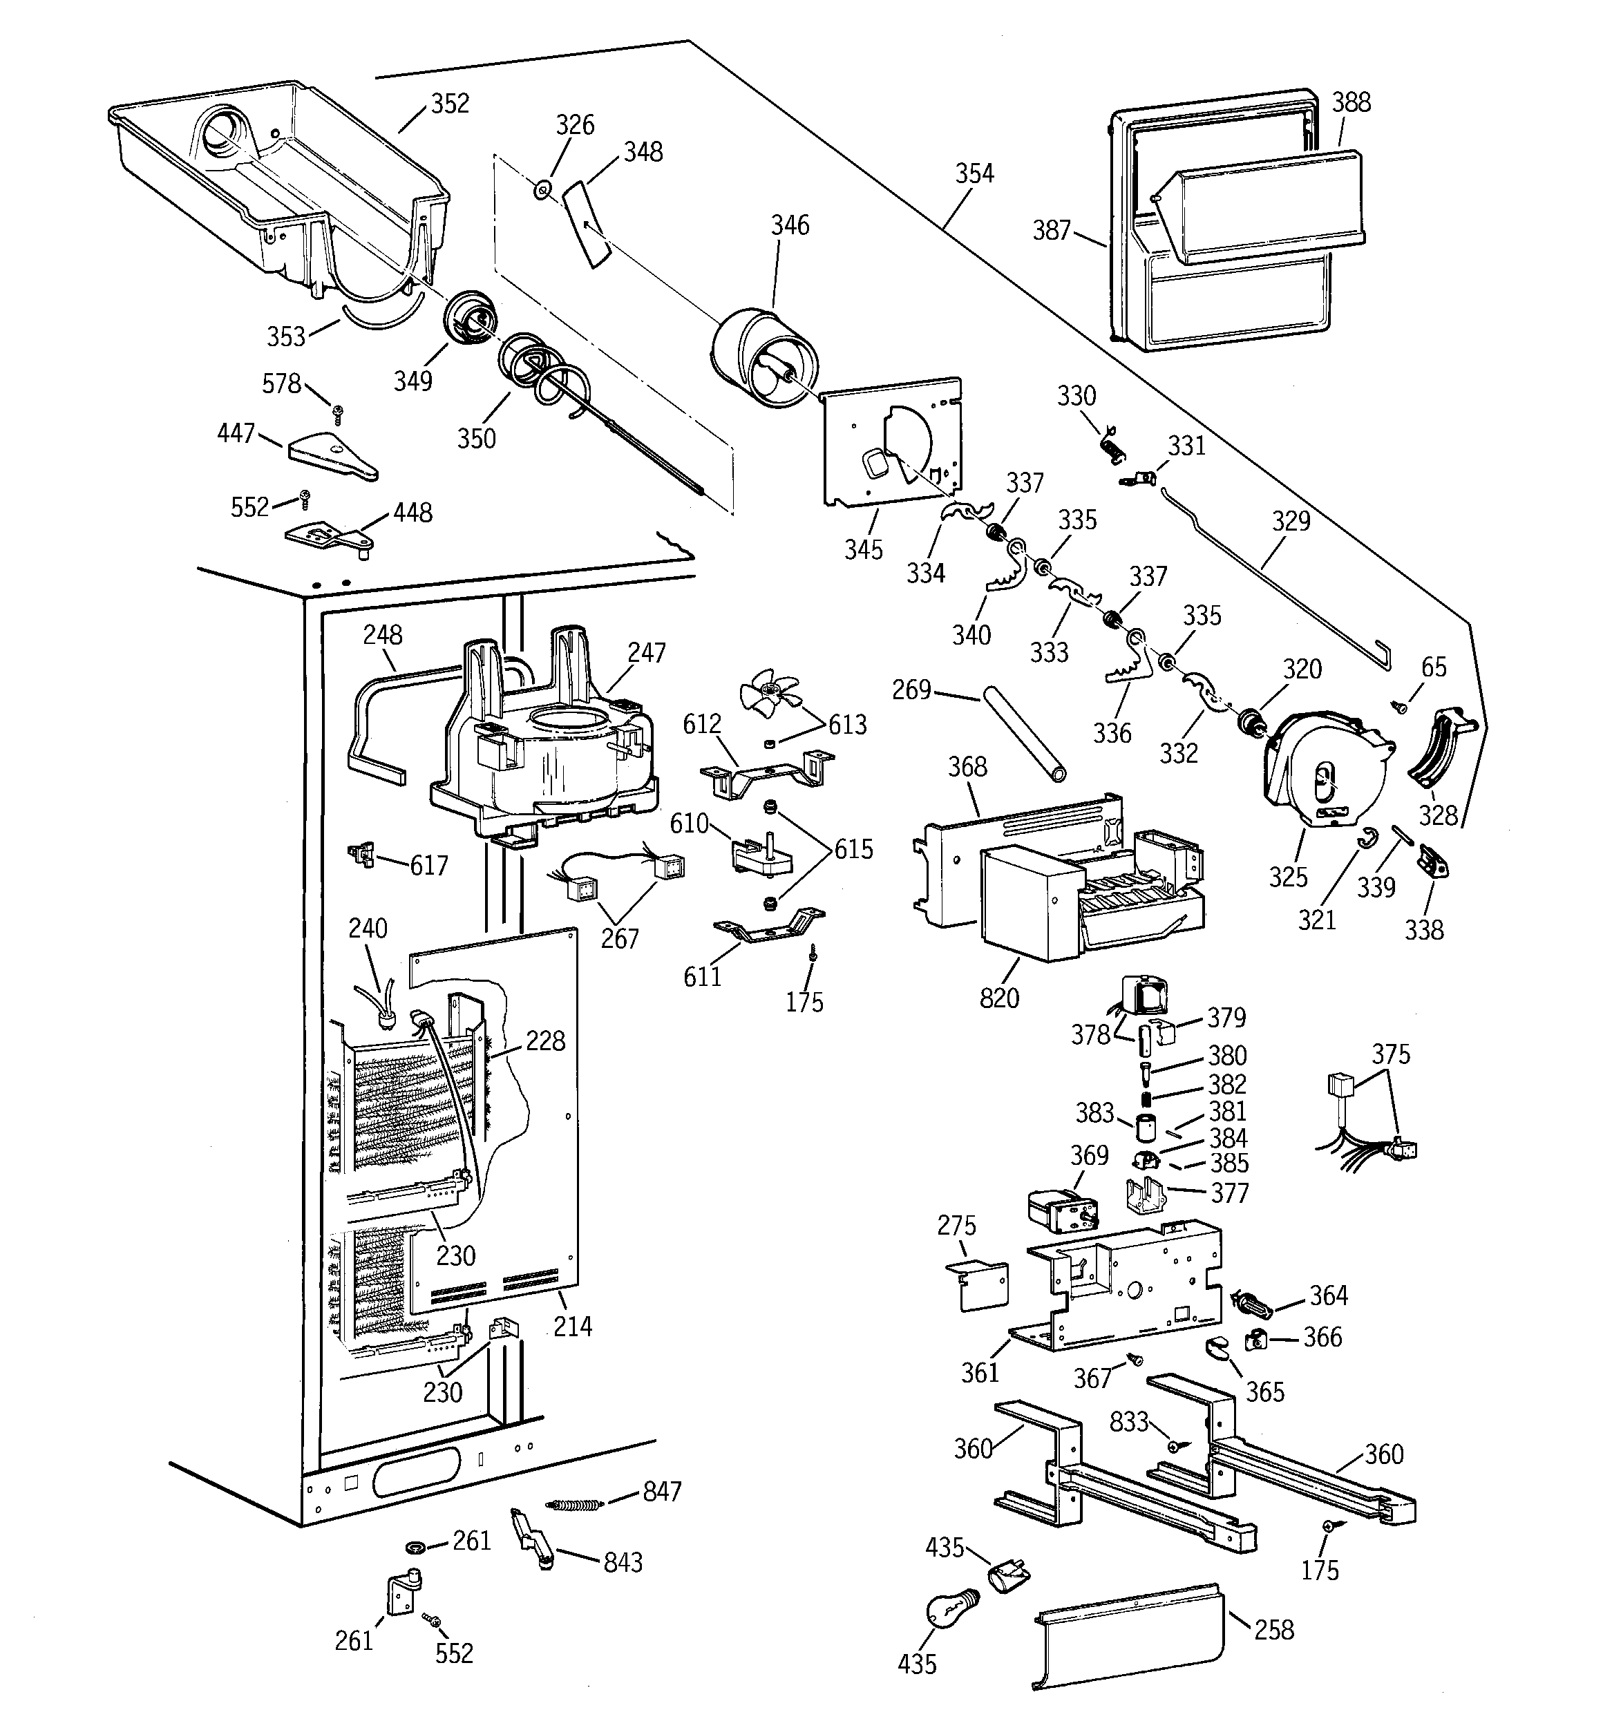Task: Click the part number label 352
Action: click(450, 103)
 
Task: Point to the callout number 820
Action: click(999, 998)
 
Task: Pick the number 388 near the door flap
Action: click(1351, 102)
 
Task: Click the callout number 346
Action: click(790, 225)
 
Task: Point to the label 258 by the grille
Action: click(1274, 1630)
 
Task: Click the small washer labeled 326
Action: click(543, 189)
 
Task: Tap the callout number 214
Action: click(572, 1327)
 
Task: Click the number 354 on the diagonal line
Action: click(974, 173)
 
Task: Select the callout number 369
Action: click(1090, 1155)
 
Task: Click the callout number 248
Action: click(383, 635)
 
